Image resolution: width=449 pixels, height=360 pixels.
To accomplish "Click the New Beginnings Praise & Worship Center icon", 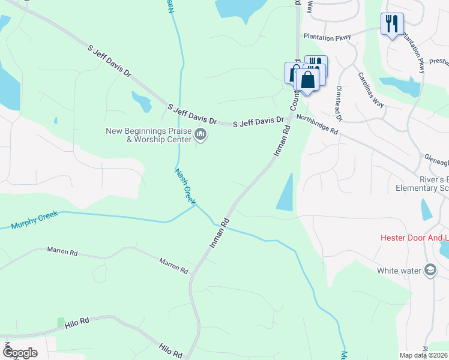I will [x=201, y=136].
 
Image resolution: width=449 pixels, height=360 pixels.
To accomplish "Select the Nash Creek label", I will [x=185, y=186].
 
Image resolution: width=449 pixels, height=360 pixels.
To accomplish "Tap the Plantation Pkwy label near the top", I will [x=325, y=36].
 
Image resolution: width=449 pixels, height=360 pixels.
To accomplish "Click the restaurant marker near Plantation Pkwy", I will [x=391, y=25].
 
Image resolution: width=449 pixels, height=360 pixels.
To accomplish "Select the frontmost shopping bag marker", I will [x=307, y=80].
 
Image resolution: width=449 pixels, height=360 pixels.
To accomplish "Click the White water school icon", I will [x=430, y=270].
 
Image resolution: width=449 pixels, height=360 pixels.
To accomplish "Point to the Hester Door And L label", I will [x=415, y=238].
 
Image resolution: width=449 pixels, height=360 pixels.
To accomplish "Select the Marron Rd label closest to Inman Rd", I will [x=173, y=265].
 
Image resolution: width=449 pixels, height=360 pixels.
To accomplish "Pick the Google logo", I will [x=20, y=352].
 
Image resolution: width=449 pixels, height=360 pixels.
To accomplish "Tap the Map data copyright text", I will [x=424, y=355].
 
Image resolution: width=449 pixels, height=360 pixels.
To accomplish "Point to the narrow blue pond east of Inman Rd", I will [x=286, y=193].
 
